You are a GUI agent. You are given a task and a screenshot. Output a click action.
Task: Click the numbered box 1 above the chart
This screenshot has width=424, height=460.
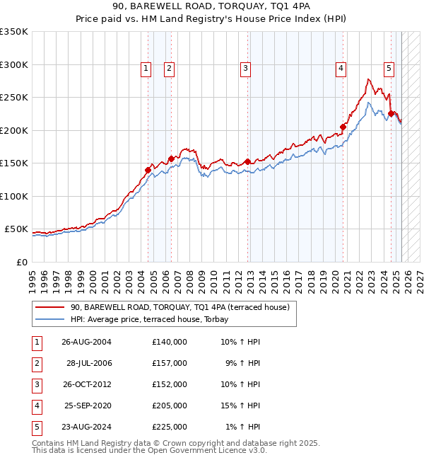146,69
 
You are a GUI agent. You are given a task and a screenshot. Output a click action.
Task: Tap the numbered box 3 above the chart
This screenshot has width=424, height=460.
245,69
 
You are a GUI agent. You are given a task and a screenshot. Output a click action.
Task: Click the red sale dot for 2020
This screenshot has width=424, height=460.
343,127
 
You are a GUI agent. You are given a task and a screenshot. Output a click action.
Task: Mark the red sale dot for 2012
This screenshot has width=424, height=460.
247,161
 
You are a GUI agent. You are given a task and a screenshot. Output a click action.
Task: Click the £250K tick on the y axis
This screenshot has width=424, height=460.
13,98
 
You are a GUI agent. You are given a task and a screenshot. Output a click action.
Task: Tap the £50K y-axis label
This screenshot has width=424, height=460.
16,229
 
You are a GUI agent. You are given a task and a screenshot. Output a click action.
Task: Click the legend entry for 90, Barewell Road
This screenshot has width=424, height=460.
179,307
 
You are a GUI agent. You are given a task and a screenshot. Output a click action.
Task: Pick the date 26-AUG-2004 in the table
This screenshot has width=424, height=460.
87,342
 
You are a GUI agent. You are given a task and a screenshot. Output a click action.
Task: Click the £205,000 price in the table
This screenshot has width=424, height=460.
169,406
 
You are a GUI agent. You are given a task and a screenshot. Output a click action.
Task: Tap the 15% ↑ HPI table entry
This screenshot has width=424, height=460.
240,406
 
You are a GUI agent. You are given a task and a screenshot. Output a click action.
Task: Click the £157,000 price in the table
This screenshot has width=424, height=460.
169,363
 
